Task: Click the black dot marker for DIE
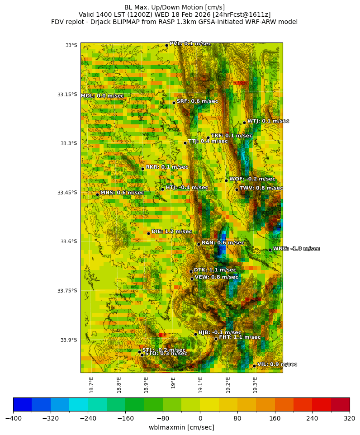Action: click(x=148, y=233)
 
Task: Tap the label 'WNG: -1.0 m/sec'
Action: click(x=296, y=249)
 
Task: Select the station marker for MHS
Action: click(x=97, y=194)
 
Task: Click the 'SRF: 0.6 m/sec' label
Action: click(x=197, y=101)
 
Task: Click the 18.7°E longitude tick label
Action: click(x=91, y=385)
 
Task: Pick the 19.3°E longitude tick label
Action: click(x=255, y=385)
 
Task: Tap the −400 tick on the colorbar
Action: click(x=13, y=418)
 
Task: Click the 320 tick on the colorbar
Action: click(x=350, y=418)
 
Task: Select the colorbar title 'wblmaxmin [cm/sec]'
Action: click(x=181, y=427)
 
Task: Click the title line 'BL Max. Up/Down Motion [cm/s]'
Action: click(x=175, y=7)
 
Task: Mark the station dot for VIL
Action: click(x=254, y=366)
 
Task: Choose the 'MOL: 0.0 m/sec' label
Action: click(x=102, y=96)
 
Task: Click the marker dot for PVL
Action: click(x=166, y=45)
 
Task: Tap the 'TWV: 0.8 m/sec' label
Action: click(x=261, y=188)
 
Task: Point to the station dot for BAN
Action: click(x=199, y=244)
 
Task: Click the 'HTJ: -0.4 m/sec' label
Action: click(x=187, y=188)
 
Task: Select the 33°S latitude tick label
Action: click(x=71, y=45)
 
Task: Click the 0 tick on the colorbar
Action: click(x=200, y=418)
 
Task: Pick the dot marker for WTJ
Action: click(x=244, y=123)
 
